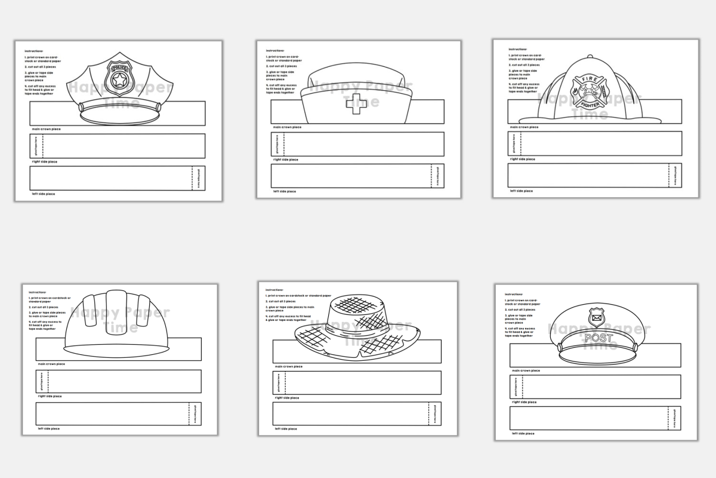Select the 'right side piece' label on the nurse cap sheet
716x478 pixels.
pyautogui.click(x=286, y=160)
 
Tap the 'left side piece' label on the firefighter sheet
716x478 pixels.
pyautogui.click(x=522, y=191)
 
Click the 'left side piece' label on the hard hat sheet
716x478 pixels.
pyautogui.click(x=49, y=428)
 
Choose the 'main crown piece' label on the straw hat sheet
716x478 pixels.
pyautogui.click(x=287, y=366)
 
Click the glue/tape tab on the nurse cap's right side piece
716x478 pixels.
pyautogui.click(x=277, y=144)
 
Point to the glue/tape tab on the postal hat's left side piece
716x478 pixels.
pyautogui.click(x=674, y=418)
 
